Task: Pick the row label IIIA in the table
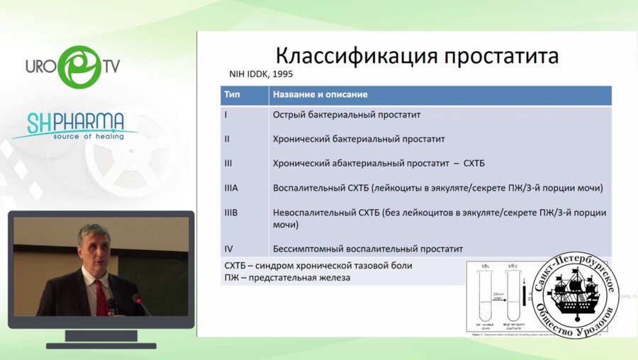point(232,188)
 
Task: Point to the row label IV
point(228,249)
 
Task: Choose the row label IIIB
point(232,212)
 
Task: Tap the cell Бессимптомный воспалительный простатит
point(367,249)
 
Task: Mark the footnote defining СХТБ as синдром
point(318,266)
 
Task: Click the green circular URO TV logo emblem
point(77,67)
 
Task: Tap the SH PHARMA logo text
point(76,122)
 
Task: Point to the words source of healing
point(88,136)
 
